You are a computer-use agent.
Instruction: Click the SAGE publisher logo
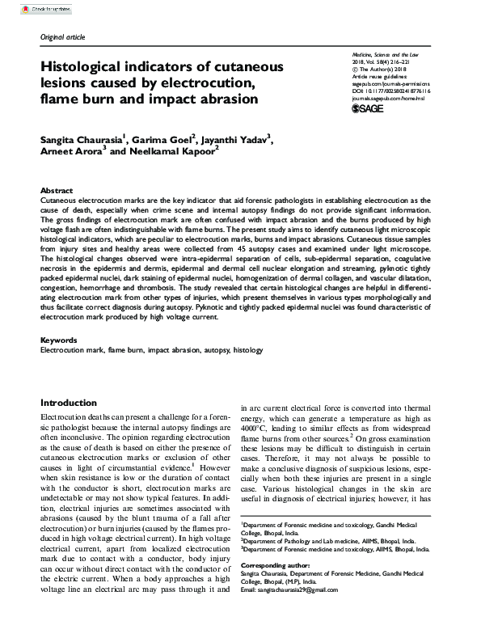click(x=369, y=108)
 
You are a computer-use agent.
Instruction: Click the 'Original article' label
click(x=61, y=37)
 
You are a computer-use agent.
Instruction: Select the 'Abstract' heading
click(x=57, y=189)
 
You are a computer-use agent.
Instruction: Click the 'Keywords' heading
click(x=59, y=341)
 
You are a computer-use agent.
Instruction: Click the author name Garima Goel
click(x=156, y=140)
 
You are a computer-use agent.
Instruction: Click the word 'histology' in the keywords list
click(x=248, y=351)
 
